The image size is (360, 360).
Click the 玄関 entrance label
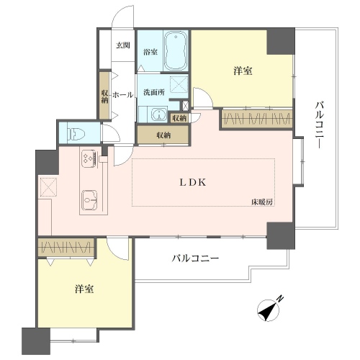pyautogui.click(x=123, y=45)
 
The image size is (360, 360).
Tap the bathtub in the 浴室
pyautogui.click(x=176, y=50)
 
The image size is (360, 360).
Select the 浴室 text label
pyautogui.click(x=150, y=52)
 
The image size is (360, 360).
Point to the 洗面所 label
pyautogui.click(x=154, y=92)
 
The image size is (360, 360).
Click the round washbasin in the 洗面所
pyautogui.click(x=160, y=114)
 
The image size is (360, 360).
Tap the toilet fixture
pyautogui.click(x=75, y=133)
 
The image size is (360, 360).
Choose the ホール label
pyautogui.click(x=122, y=95)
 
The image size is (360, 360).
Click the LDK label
pyautogui.click(x=193, y=183)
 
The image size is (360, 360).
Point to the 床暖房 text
pyautogui.click(x=262, y=202)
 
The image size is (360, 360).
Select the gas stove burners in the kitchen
pyautogui.click(x=89, y=158)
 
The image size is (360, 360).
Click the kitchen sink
pyautogui.click(x=89, y=199)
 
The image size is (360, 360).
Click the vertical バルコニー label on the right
pyautogui.click(x=320, y=125)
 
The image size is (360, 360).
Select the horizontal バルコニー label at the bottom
pyautogui.click(x=195, y=258)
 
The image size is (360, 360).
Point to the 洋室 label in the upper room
pyautogui.click(x=243, y=71)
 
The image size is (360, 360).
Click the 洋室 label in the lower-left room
pyautogui.click(x=84, y=289)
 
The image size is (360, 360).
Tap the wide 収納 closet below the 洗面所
pyautogui.click(x=163, y=135)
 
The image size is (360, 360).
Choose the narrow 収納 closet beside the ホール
pyautogui.click(x=104, y=96)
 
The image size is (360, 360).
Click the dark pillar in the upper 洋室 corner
pyautogui.click(x=281, y=41)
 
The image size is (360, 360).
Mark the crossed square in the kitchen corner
pyautogui.click(x=49, y=187)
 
